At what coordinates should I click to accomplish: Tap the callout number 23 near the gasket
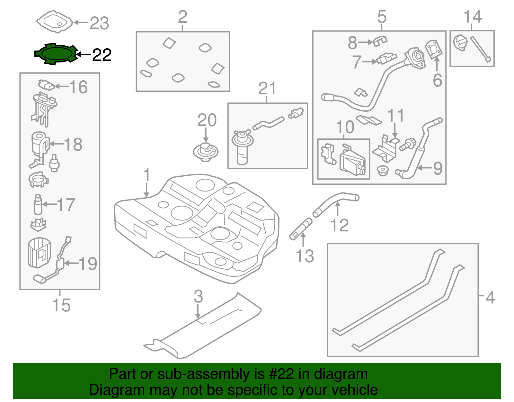tap(99, 23)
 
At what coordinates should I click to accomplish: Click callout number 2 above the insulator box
tap(182, 17)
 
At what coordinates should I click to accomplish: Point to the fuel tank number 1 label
tap(146, 175)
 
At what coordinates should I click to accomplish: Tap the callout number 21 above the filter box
tap(267, 89)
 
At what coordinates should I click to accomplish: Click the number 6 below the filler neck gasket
tap(437, 80)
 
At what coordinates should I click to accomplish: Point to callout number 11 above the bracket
tap(395, 116)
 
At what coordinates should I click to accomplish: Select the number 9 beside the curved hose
tap(438, 168)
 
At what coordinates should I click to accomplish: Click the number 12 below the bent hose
tap(339, 225)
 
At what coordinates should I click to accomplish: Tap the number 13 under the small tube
tap(305, 256)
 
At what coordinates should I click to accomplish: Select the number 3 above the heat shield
tap(198, 296)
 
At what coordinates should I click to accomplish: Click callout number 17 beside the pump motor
tap(66, 205)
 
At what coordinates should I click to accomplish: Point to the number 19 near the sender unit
tap(88, 264)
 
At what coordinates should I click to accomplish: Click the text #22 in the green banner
tap(281, 374)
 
